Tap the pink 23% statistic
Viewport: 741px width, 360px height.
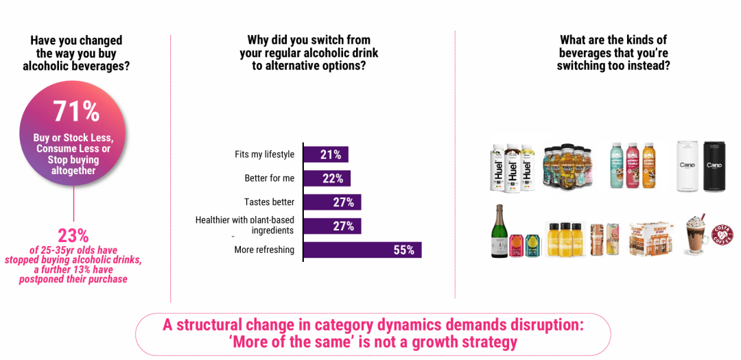[x=73, y=235]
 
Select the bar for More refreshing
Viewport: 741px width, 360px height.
[x=362, y=250]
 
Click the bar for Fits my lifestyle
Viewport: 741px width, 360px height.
[x=325, y=154]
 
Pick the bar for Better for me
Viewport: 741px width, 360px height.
[x=327, y=178]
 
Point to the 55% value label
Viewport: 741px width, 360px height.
[x=404, y=250]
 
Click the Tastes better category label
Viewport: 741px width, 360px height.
[x=269, y=202]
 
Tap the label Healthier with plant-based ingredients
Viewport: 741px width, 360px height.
[x=245, y=225]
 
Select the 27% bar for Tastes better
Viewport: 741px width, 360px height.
[x=332, y=202]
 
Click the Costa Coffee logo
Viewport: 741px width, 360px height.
[x=722, y=235]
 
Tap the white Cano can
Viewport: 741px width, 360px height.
[x=687, y=166]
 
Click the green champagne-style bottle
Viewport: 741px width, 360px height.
[x=498, y=231]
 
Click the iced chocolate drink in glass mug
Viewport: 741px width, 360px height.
[x=697, y=237]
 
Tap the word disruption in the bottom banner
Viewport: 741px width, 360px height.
[x=543, y=325]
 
